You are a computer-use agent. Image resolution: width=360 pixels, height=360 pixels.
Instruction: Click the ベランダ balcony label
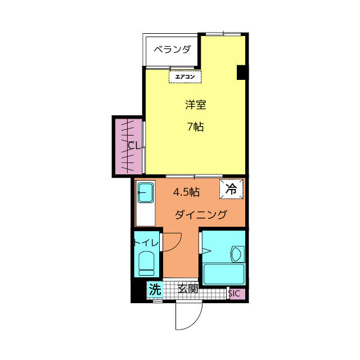pos(172,49)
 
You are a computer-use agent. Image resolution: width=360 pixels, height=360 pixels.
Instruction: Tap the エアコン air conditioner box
pos(185,76)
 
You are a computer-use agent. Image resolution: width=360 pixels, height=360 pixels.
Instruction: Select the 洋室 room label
pos(195,105)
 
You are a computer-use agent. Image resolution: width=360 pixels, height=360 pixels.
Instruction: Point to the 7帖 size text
pos(195,127)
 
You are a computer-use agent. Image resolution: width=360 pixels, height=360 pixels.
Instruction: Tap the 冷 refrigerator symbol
pos(231,190)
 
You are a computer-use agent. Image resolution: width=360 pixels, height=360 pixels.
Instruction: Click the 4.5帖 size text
pos(186,192)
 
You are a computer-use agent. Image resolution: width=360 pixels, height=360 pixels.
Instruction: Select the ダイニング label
pos(201,214)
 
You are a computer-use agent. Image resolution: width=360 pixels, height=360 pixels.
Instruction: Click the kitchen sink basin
pos(146,194)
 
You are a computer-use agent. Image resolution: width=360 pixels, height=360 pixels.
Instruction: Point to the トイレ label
pos(146,242)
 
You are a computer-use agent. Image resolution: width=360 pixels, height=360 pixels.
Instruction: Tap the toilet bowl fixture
pos(147,263)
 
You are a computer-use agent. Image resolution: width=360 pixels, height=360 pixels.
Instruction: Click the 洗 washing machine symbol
pos(155,290)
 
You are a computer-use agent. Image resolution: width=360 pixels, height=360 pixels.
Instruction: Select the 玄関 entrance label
pos(188,290)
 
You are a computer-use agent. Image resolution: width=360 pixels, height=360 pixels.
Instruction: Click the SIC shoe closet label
pos(235,293)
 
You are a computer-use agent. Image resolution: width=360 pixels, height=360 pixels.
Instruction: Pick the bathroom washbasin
pos(237,255)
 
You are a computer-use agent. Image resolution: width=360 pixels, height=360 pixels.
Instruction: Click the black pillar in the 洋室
pos(242,73)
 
